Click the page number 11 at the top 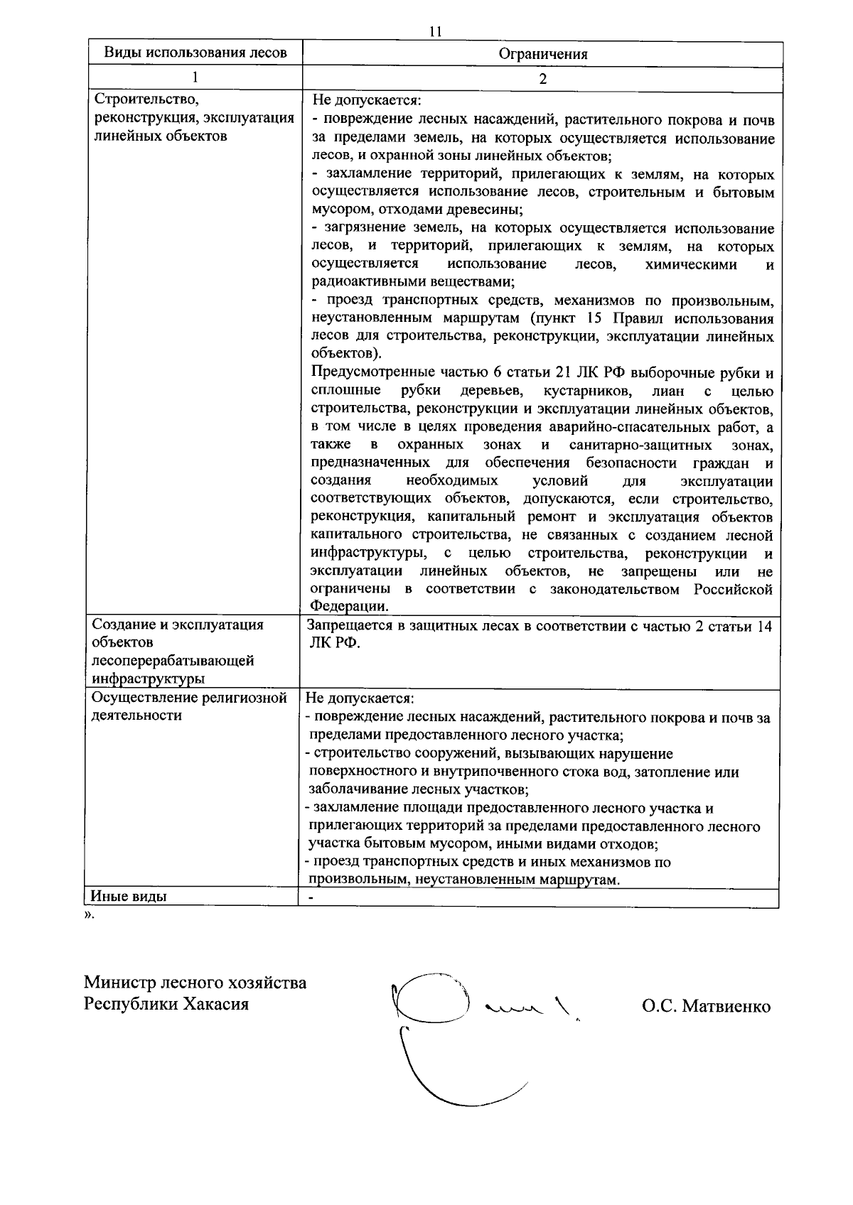436,31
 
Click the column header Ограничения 542,54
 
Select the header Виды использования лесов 195,53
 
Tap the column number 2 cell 542,79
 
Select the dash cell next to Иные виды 311,897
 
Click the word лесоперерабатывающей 173,661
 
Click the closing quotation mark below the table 89,914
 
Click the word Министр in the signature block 119,983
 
